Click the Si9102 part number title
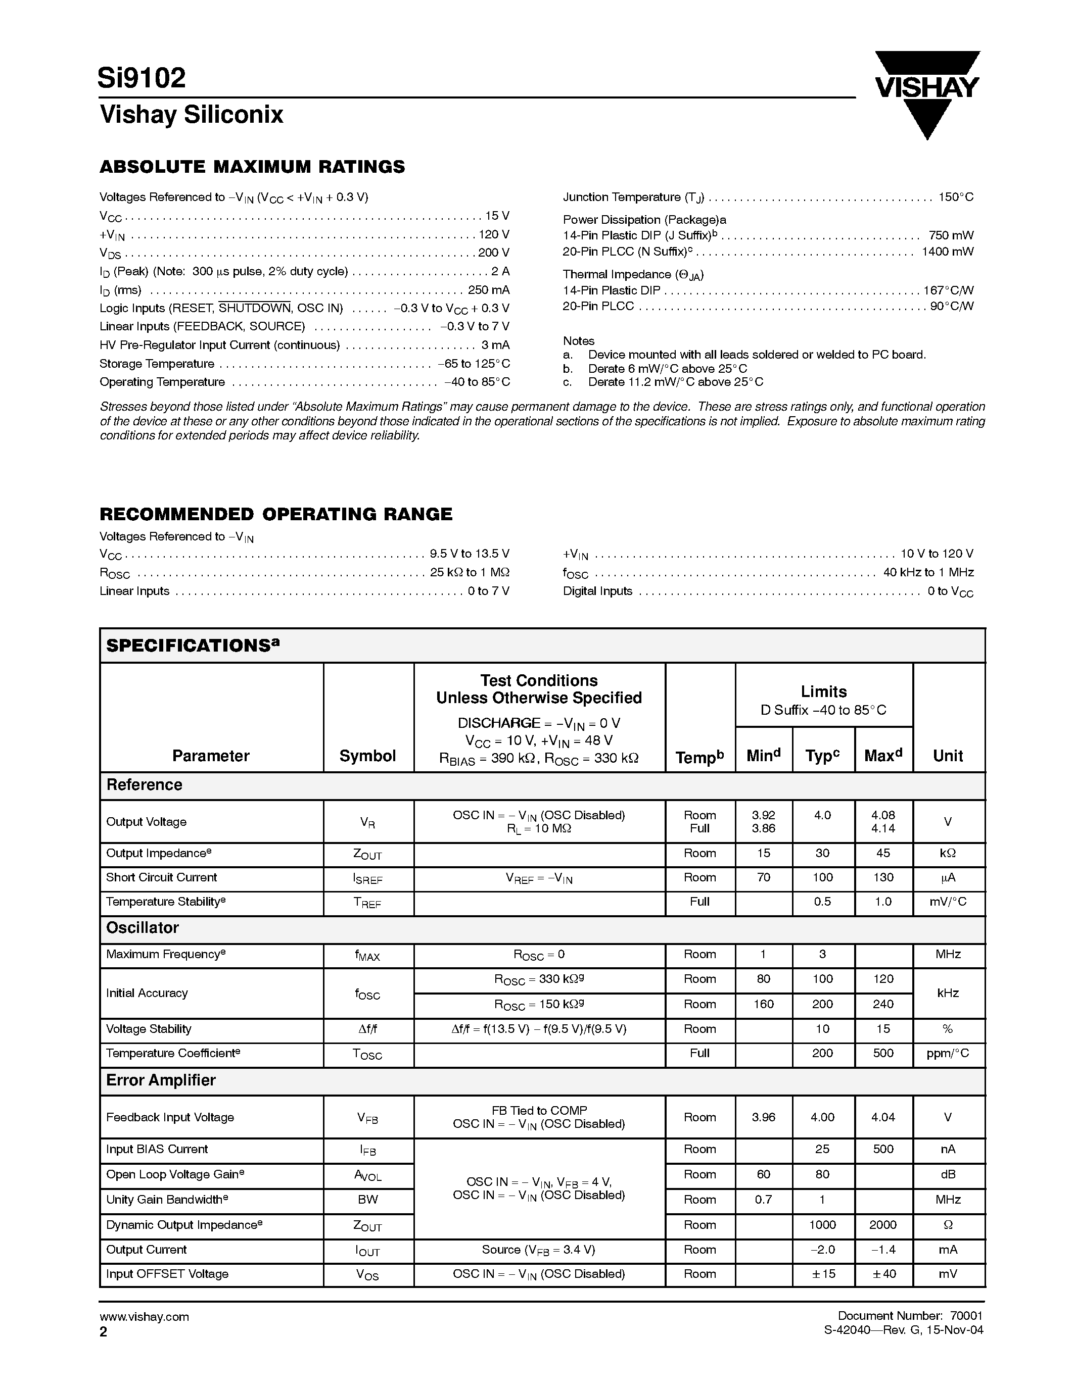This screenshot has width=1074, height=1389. pyautogui.click(x=142, y=78)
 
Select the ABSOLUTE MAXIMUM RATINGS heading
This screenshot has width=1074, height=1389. pyautogui.click(x=252, y=167)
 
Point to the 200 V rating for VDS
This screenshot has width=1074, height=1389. pyautogui.click(x=493, y=253)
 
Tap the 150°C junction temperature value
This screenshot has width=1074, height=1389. pyautogui.click(x=956, y=197)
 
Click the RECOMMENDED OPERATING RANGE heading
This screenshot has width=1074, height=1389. pyautogui.click(x=275, y=514)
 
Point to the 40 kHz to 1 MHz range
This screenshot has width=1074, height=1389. pyautogui.click(x=927, y=572)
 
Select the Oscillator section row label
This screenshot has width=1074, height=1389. pyautogui.click(x=143, y=928)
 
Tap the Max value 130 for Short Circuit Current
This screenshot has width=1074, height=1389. pyautogui.click(x=882, y=878)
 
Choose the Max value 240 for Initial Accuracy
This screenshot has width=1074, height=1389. pyautogui.click(x=882, y=1004)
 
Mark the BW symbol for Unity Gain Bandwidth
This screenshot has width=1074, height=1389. pyautogui.click(x=368, y=1200)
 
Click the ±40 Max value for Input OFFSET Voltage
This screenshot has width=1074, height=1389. pyautogui.click(x=882, y=1274)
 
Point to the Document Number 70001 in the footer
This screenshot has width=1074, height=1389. pyautogui.click(x=910, y=1316)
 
